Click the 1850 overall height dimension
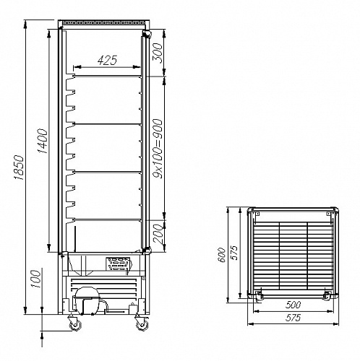(19, 168)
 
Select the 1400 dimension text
(43, 142)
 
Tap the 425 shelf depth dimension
(107, 60)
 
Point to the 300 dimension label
(158, 53)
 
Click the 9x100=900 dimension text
(158, 148)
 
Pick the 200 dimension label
(158, 234)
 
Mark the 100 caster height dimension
(35, 279)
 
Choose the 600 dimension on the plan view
(222, 255)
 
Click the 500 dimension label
(293, 305)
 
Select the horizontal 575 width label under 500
(293, 318)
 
